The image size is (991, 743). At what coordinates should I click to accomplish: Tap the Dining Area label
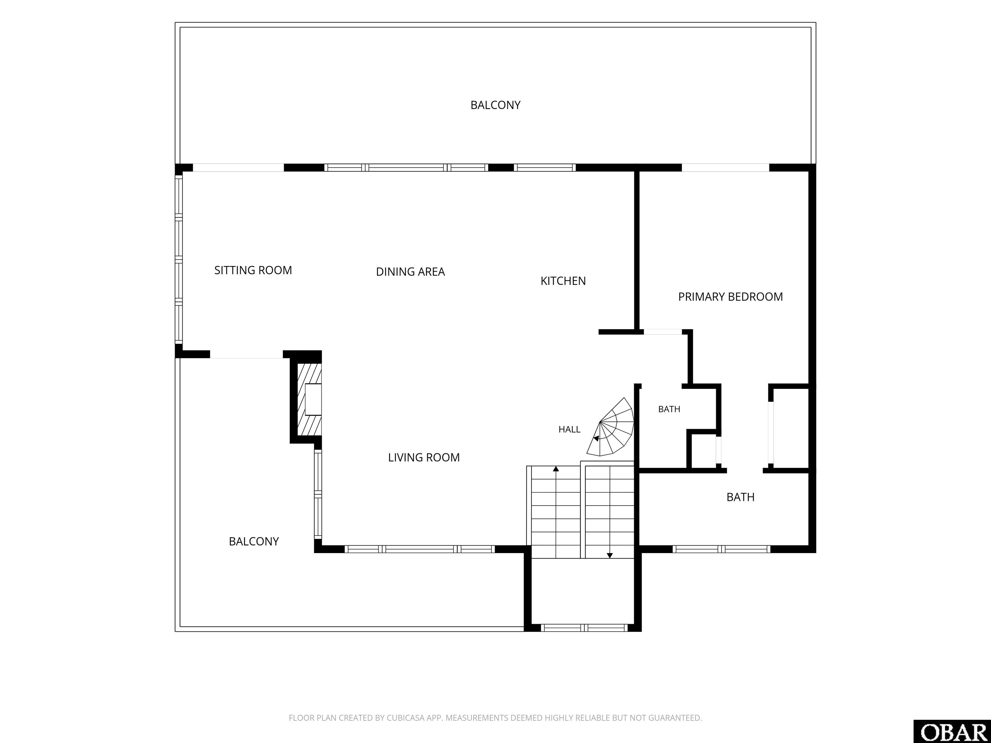pos(410,272)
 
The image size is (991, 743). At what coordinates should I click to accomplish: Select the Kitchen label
pos(563,281)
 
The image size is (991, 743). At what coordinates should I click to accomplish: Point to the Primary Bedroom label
pos(730,296)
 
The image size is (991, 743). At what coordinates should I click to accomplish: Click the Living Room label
pos(424,457)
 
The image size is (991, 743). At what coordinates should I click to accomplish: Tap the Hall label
pos(569,430)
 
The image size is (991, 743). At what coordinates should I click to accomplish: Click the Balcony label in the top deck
pos(495,105)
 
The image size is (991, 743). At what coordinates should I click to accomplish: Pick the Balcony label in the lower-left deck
pos(254,541)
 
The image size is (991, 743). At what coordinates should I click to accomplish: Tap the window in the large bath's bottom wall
pos(721,549)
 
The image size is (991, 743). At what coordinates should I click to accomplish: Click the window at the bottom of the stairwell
pos(584,628)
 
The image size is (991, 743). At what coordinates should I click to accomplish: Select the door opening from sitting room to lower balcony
pos(246,354)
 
